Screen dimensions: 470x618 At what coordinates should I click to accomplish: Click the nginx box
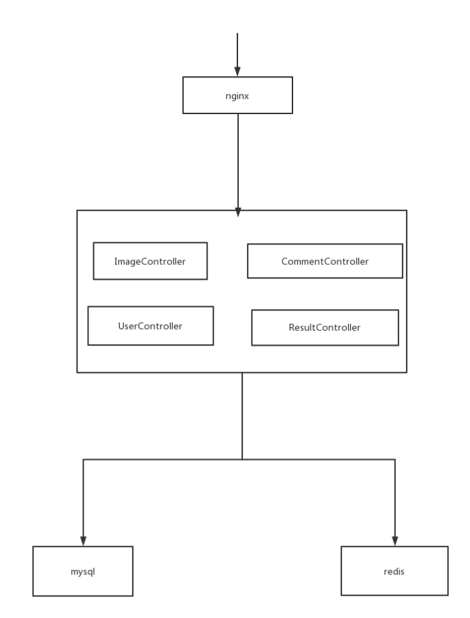237,95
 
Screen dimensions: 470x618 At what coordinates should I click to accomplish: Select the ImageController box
150,261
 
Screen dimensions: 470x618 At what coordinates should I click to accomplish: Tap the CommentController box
324,261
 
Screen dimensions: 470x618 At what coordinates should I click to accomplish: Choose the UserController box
150,325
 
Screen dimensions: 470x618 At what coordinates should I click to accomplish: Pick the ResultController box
324,327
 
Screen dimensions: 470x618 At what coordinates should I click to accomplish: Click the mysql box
83,571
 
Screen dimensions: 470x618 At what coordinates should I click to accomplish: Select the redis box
395,570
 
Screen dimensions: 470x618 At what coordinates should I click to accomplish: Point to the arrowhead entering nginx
237,71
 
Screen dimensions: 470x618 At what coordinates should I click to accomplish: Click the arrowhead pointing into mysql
83,541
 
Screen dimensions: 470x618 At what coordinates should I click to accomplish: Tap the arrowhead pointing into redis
395,541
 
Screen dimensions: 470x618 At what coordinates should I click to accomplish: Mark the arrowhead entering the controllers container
238,212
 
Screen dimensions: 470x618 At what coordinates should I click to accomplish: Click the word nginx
237,96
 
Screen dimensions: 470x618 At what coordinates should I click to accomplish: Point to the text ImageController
150,261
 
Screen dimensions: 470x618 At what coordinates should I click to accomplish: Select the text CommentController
324,261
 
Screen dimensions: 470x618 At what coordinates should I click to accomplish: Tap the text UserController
150,326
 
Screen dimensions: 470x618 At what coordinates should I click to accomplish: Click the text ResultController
324,327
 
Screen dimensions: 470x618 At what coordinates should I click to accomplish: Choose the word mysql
83,572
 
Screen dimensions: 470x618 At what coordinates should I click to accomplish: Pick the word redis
394,571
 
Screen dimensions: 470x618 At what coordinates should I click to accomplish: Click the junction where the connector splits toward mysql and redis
242,459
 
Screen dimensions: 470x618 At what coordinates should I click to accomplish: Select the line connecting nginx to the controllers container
238,165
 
